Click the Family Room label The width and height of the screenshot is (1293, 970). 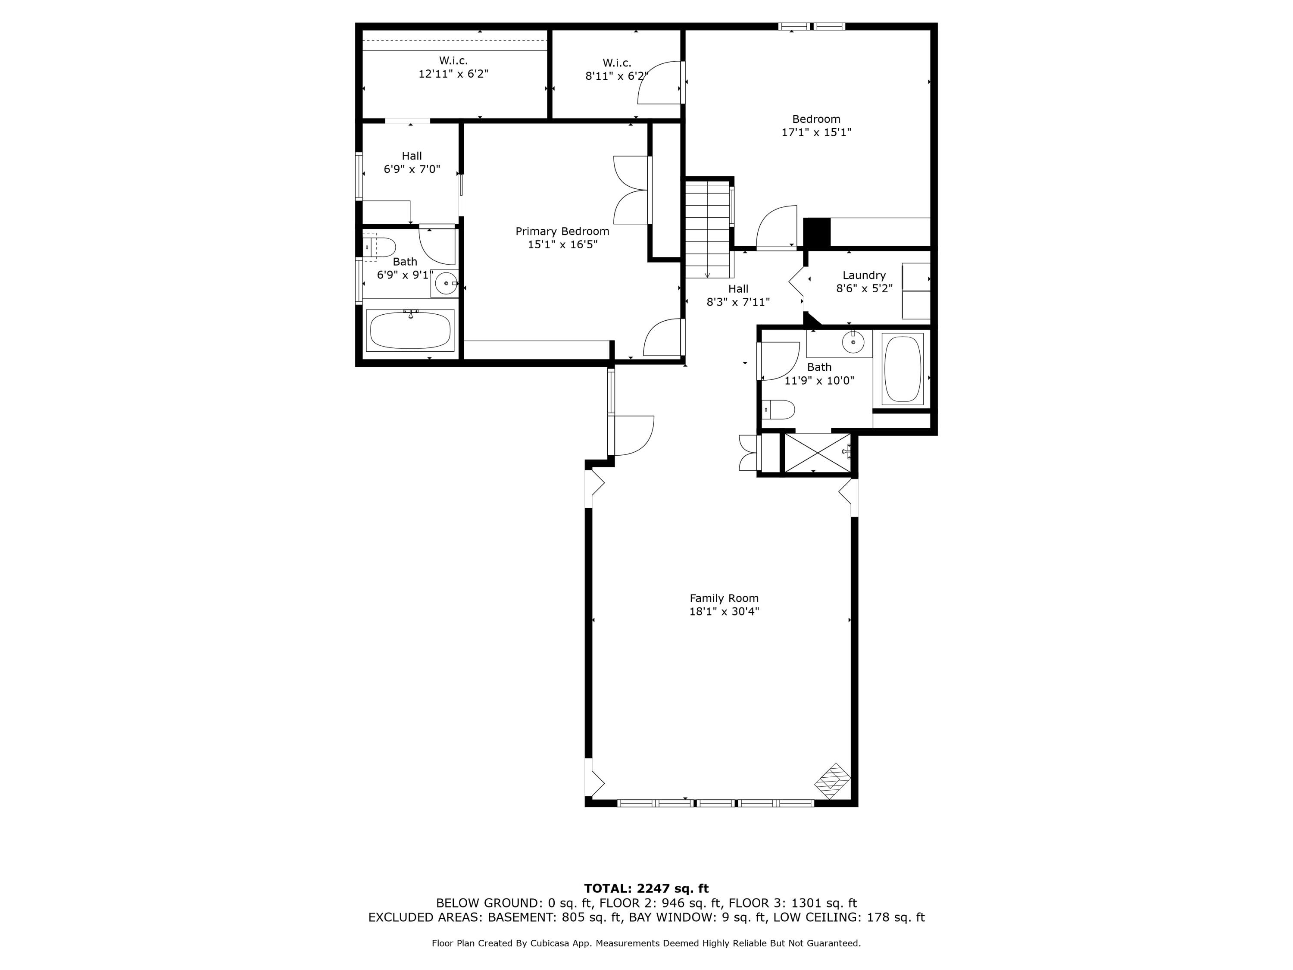click(724, 598)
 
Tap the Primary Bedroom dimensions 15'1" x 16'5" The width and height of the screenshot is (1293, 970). click(562, 244)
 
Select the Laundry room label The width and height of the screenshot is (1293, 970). click(864, 275)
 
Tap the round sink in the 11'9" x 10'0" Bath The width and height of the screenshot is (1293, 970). click(853, 343)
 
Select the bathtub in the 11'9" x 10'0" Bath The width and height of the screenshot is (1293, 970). click(903, 369)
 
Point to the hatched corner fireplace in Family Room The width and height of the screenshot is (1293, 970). click(832, 781)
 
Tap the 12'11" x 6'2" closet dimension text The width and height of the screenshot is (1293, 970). click(453, 74)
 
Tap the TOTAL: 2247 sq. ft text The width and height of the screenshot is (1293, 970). click(646, 889)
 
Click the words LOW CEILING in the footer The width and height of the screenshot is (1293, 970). click(816, 917)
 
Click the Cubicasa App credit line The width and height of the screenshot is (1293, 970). click(646, 943)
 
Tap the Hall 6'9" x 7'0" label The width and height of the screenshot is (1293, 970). click(412, 163)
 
